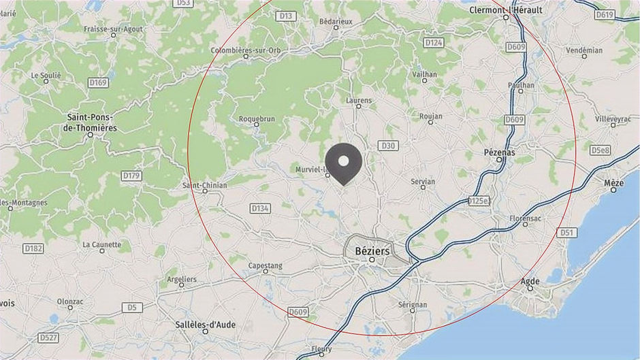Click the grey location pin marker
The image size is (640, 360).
pyautogui.click(x=344, y=163)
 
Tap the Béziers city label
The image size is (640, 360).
pyautogui.click(x=372, y=251)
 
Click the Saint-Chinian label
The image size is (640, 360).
pyautogui.click(x=205, y=184)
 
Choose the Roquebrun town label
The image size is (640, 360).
pyautogui.click(x=257, y=118)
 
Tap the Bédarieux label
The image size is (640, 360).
pyautogui.click(x=336, y=21)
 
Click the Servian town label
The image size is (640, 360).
pyautogui.click(x=423, y=182)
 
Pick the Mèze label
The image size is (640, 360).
pyautogui.click(x=613, y=184)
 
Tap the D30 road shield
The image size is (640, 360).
pyautogui.click(x=388, y=146)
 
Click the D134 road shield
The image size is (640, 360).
pyautogui.click(x=260, y=208)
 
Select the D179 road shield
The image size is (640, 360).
pyautogui.click(x=131, y=176)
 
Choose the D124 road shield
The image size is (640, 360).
pyautogui.click(x=434, y=43)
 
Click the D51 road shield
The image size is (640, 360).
pyautogui.click(x=566, y=233)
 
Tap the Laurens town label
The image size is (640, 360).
pyautogui.click(x=359, y=101)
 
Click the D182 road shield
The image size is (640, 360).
pyautogui.click(x=33, y=248)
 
